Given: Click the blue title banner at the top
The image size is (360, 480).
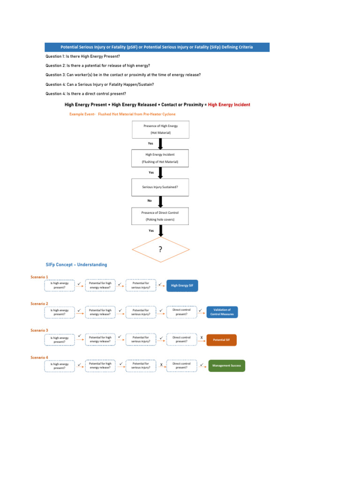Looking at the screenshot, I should point(157,47).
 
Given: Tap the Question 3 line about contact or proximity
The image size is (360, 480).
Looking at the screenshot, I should point(123,75).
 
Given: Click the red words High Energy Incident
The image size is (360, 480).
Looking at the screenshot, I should point(229,105).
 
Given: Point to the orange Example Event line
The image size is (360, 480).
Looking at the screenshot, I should point(122,114).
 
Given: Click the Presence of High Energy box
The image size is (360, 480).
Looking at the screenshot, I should point(160,129).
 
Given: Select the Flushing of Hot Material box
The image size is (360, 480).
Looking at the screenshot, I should point(160,158).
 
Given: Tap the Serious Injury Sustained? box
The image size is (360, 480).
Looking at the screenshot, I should point(160,187).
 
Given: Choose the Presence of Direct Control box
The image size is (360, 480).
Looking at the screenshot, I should point(160,216).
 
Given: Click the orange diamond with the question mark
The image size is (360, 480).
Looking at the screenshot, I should point(160,249).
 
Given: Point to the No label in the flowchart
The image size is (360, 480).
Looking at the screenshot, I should point(150,200).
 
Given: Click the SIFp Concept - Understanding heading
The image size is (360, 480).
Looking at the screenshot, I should point(76,265).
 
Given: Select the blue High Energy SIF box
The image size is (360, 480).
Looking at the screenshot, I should point(182,285).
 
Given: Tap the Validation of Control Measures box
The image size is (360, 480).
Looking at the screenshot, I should point(222,312).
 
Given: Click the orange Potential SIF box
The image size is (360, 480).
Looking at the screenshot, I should point(221,339).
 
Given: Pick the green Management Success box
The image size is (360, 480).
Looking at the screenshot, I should point(226,366).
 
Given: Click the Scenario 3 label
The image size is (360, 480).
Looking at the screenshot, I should point(39,330).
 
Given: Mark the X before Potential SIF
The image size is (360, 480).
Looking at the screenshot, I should point(202,337).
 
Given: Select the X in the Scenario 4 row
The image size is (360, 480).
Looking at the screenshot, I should point(161,365).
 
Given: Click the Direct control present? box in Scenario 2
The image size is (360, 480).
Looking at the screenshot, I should point(181,312).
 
